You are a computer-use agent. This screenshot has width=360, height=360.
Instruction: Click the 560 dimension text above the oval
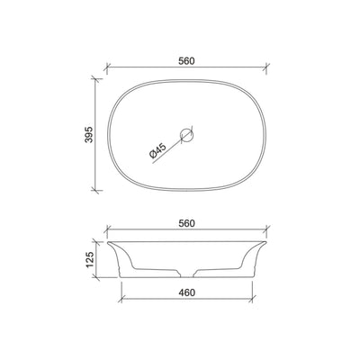[187, 60]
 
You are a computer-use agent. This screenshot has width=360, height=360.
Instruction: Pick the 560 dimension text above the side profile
[187, 222]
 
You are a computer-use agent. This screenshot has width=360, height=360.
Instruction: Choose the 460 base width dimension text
[187, 293]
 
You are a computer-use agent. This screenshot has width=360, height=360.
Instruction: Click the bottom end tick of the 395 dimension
[98, 191]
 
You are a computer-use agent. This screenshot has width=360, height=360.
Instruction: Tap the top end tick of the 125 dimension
[98, 241]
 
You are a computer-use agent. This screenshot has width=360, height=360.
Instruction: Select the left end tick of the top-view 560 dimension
[107, 67]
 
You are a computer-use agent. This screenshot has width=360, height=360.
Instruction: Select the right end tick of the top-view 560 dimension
[268, 67]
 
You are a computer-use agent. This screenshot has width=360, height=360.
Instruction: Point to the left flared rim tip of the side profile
[107, 242]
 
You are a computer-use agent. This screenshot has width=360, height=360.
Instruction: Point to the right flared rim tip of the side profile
[268, 242]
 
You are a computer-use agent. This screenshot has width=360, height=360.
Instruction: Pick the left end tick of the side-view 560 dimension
[107, 229]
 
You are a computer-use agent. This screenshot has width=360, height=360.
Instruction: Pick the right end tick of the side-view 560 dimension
[268, 229]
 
